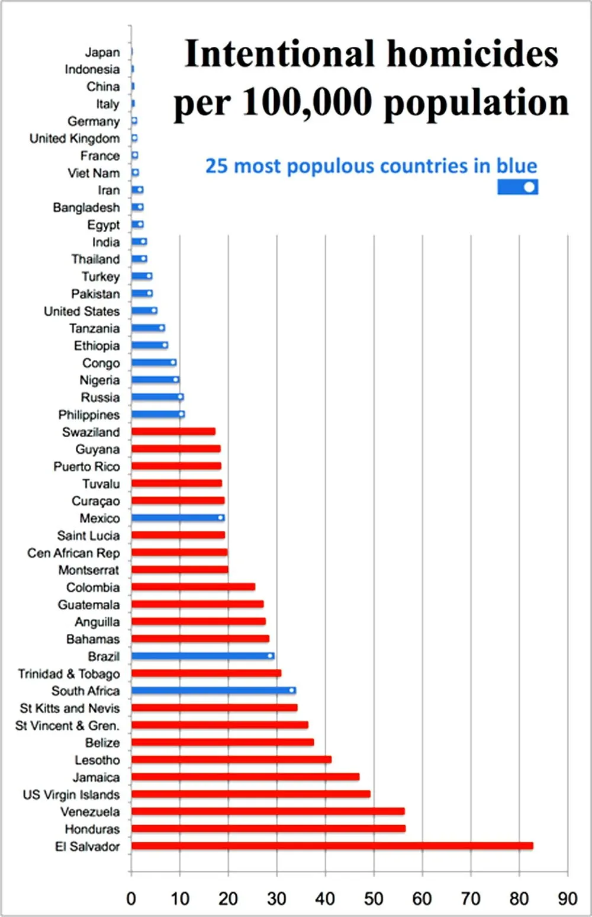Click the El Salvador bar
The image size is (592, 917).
[x=332, y=846]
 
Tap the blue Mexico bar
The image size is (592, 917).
[x=178, y=518]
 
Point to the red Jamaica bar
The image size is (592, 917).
[x=245, y=777]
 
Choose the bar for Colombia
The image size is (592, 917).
[x=193, y=587]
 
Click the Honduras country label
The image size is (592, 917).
[x=92, y=829]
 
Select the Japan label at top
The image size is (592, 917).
[x=102, y=52]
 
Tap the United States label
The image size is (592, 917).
[x=82, y=311]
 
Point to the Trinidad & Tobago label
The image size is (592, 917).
[x=69, y=674]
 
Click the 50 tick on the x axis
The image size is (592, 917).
[x=374, y=899]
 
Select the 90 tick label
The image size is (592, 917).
[x=567, y=899]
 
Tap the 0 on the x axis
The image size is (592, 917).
[x=131, y=899]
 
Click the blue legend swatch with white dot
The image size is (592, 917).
[x=517, y=187]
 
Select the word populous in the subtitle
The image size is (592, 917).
[x=333, y=166]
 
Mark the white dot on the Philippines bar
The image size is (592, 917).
[x=181, y=414]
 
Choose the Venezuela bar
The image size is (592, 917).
[x=268, y=812]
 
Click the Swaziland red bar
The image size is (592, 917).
[x=173, y=431]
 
